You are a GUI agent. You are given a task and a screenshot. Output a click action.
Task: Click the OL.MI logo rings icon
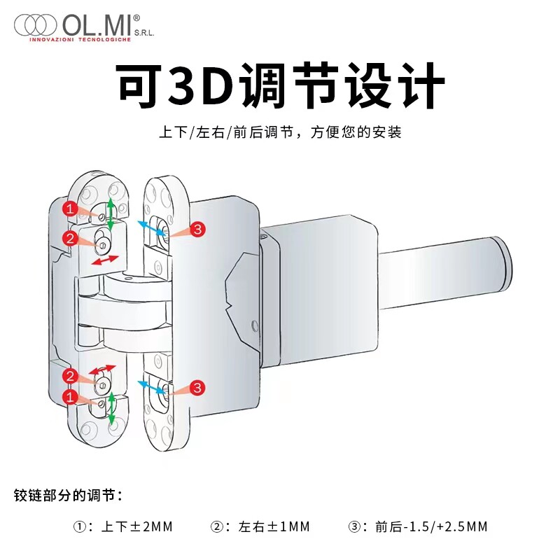pyautogui.click(x=35, y=26)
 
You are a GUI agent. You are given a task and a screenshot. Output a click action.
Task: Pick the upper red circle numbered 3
pyautogui.click(x=197, y=229)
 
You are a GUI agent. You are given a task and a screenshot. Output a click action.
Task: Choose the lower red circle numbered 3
pyautogui.click(x=197, y=387)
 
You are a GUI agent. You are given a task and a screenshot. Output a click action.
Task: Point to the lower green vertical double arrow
pyautogui.click(x=111, y=407)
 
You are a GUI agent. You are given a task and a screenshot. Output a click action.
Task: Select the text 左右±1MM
pyautogui.click(x=274, y=526)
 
